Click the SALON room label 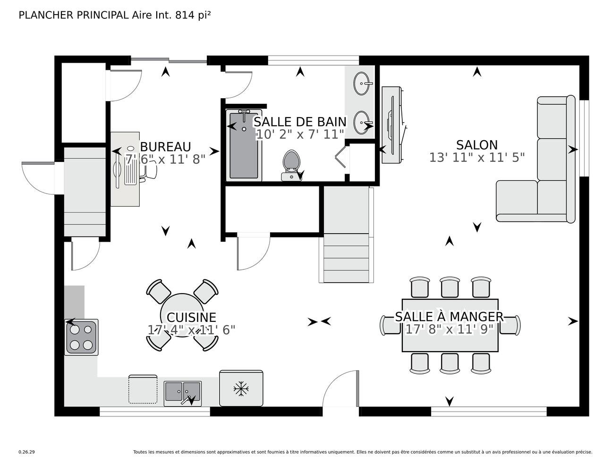pos(476,145)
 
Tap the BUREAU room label pos(166,147)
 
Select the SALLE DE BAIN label pos(300,122)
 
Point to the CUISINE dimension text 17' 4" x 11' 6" pos(192,330)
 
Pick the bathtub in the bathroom pos(244,145)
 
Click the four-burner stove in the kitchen pos(81,337)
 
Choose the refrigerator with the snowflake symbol pos(241,388)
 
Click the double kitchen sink pos(182,393)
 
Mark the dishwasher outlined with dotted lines pos(143,389)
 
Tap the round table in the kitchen pos(182,315)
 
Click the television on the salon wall pos(391,125)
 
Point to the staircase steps pos(346,235)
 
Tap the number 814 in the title pos(185,15)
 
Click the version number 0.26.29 pos(27,452)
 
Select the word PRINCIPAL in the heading pos(103,15)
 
